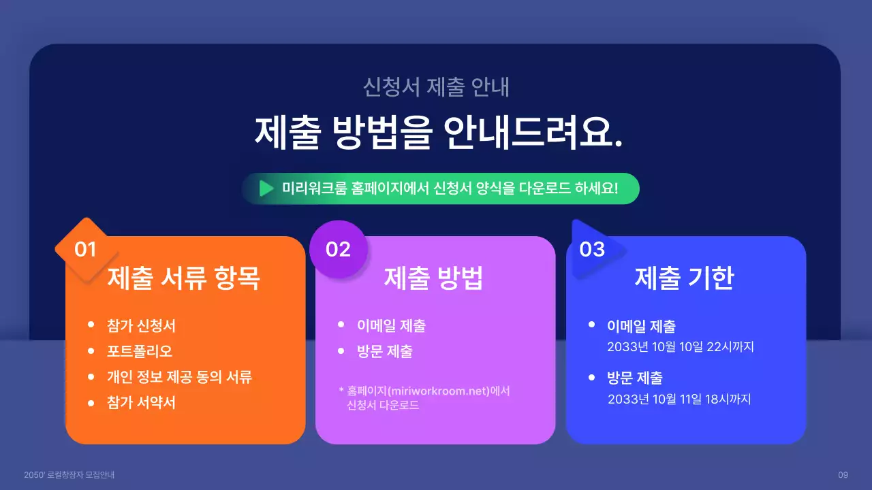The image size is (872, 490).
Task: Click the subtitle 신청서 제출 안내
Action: [x=436, y=87]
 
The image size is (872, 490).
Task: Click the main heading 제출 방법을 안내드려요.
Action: [x=439, y=131]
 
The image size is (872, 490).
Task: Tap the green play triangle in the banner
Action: [x=266, y=189]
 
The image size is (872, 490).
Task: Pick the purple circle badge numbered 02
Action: [x=338, y=249]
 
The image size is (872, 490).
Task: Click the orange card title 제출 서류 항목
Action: [x=184, y=278]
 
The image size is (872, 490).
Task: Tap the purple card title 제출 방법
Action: [x=434, y=278]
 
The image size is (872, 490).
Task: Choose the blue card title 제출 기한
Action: [x=684, y=278]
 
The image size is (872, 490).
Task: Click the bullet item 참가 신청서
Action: [x=141, y=325]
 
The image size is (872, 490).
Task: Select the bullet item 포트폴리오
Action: [x=140, y=351]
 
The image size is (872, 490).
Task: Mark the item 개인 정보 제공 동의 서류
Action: [x=179, y=377]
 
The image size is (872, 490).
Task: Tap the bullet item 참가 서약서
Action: [x=141, y=402]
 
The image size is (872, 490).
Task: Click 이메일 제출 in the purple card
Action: [x=391, y=325]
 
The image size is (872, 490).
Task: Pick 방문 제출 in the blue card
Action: [x=634, y=378]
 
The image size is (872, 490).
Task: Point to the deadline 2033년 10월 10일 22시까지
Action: [x=680, y=347]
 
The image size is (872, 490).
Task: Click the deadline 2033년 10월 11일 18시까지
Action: [x=679, y=399]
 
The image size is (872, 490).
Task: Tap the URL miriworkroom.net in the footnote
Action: [x=437, y=391]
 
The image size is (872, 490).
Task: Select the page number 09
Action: [x=843, y=474]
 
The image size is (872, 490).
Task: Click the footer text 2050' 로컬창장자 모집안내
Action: [x=69, y=474]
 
